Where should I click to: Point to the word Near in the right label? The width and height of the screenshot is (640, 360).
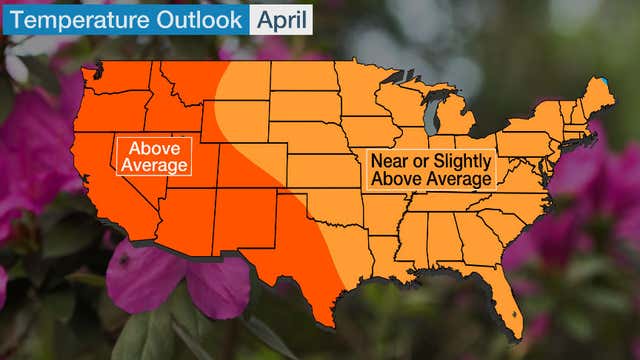pyautogui.click(x=391, y=160)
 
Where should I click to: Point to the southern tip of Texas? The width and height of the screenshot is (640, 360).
pyautogui.click(x=325, y=322)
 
